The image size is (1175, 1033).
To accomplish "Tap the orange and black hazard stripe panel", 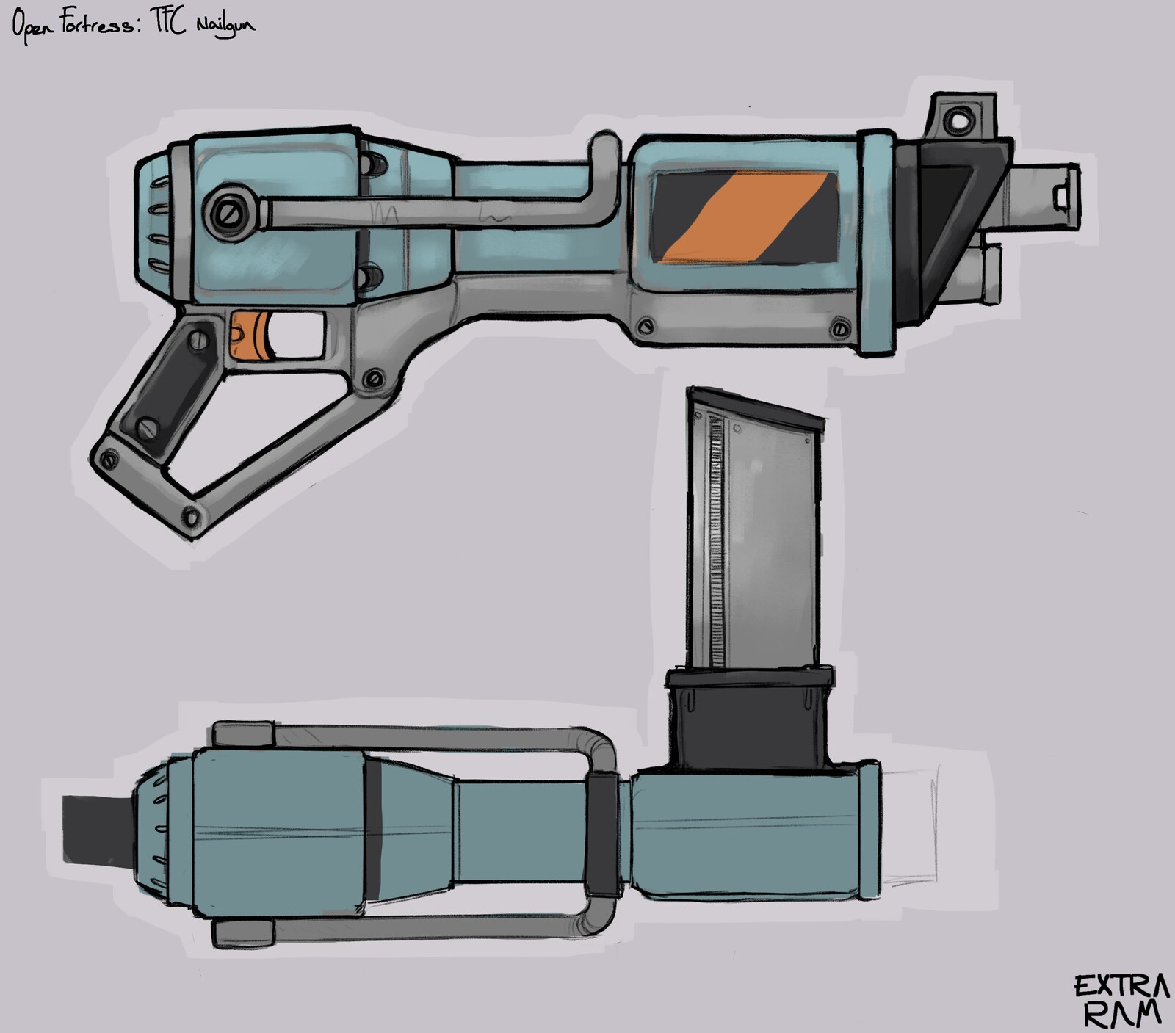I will click(745, 217).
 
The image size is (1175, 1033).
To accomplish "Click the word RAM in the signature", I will click(1123, 1015).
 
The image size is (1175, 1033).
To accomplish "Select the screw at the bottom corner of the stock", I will click(192, 517).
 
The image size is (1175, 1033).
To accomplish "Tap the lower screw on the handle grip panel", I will click(149, 427).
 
